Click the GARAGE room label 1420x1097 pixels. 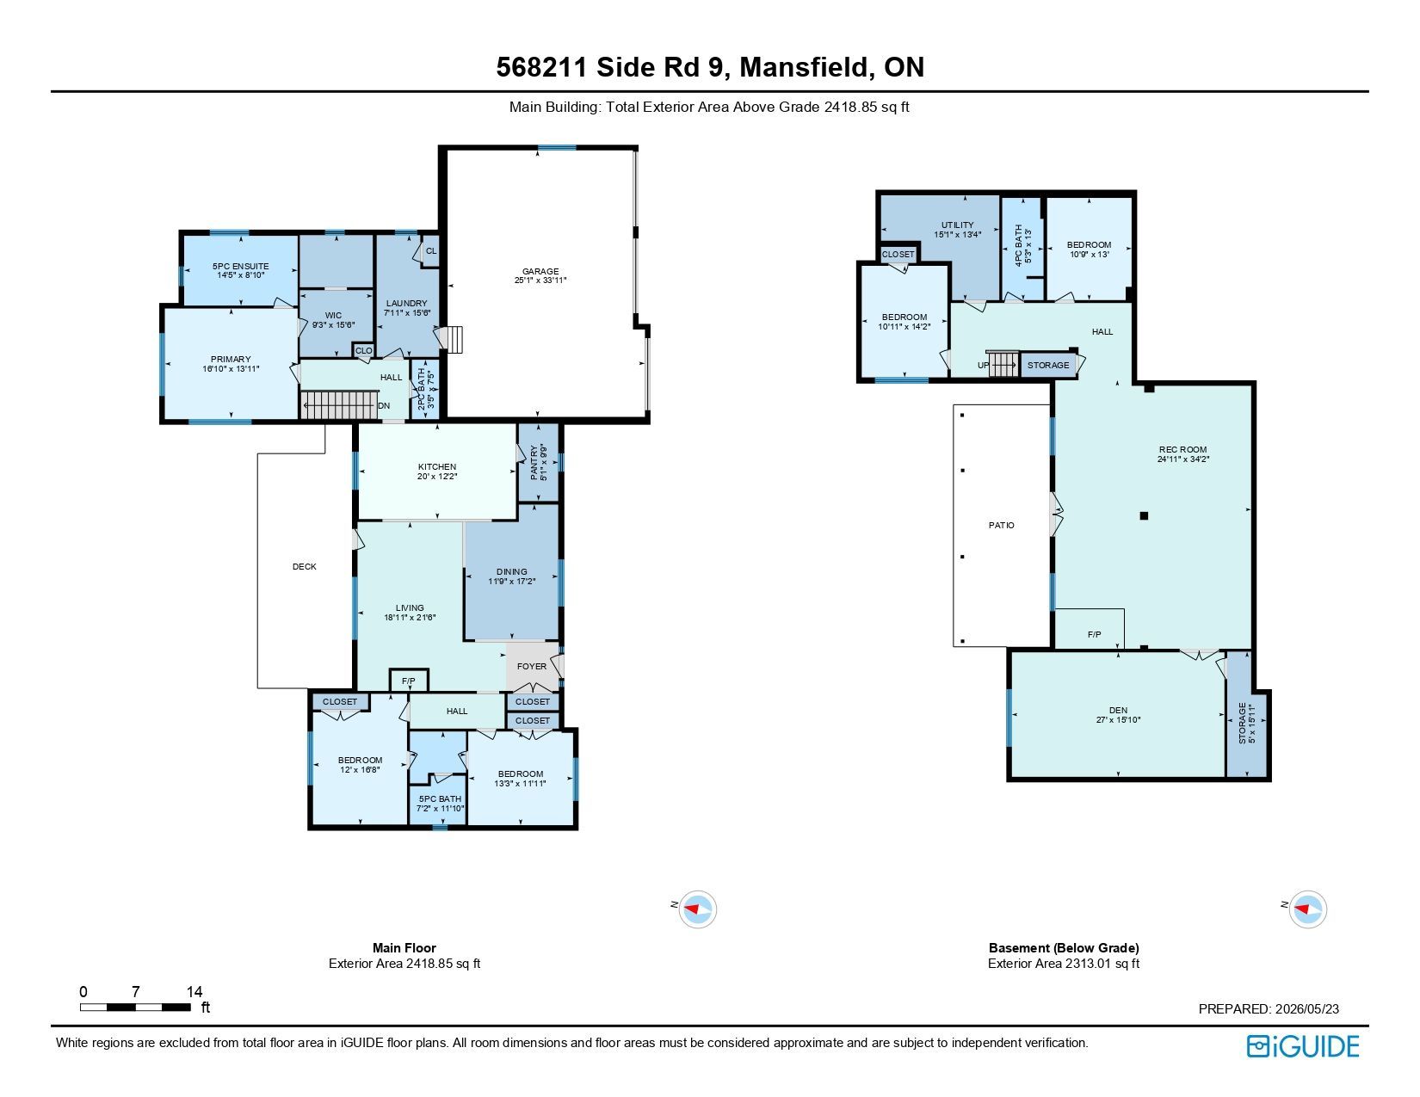540,271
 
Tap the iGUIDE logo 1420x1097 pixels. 1302,1047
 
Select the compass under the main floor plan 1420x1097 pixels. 697,909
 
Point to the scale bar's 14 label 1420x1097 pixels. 194,992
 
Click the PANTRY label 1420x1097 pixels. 534,463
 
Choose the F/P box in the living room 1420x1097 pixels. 409,681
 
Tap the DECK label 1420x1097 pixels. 305,566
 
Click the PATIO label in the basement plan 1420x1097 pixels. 1001,526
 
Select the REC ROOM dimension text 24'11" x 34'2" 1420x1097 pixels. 1182,459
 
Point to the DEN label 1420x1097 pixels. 1118,710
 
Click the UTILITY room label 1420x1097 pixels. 957,225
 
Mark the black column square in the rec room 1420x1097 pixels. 1144,515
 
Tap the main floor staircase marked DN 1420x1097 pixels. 340,405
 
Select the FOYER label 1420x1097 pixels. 531,667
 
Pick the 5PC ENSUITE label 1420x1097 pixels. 240,266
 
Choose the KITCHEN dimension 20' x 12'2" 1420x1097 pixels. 437,477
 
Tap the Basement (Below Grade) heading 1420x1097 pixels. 1064,947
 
